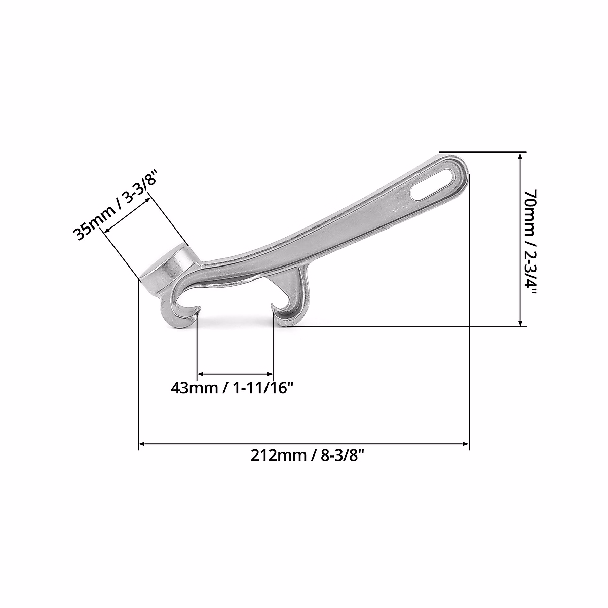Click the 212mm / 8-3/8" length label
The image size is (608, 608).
(x=308, y=456)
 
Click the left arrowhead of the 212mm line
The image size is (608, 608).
(x=142, y=444)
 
